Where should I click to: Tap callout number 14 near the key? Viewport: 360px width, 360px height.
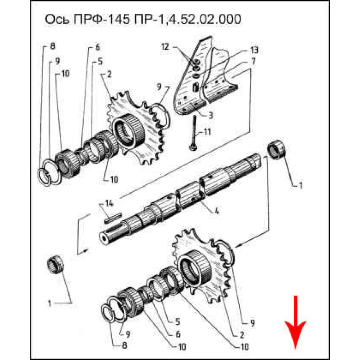point(109,204)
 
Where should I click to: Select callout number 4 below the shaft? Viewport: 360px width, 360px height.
point(216,211)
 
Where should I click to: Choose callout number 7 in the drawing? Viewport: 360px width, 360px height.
point(253,61)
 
